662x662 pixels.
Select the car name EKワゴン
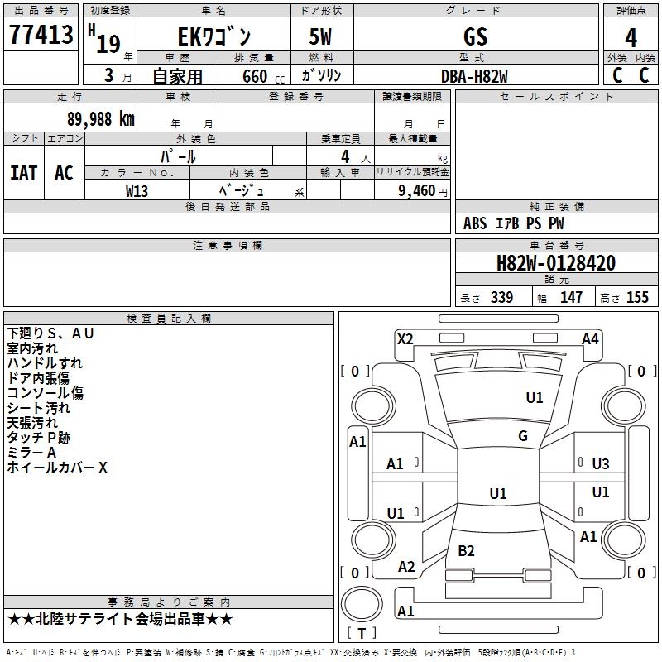pos(214,37)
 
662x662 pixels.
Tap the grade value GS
pos(475,36)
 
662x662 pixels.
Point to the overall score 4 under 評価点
pos(631,38)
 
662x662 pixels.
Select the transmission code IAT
pos(23,173)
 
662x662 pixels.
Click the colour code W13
pos(137,191)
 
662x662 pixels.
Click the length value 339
pos(501,298)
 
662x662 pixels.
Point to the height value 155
pos(637,298)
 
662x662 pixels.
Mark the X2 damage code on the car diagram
pos(405,338)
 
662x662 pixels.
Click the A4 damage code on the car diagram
pos(590,338)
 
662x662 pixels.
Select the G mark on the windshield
pos(523,436)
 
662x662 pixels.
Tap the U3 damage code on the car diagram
pos(601,464)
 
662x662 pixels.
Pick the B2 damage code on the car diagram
pos(466,551)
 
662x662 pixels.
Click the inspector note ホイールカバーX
pos(57,468)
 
